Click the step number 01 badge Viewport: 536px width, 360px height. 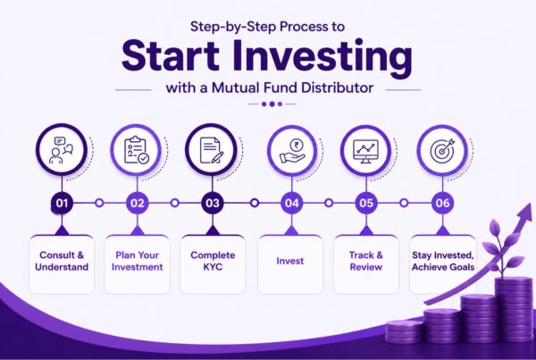61,203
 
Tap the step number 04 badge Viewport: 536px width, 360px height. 290,203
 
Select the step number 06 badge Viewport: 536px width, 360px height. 441,203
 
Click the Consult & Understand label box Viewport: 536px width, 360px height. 62,261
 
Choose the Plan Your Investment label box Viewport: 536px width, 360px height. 138,261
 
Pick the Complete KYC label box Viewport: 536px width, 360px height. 213,261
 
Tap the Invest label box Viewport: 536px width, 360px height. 289,261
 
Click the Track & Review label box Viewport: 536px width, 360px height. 366,261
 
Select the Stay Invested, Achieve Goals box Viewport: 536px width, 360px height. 442,261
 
